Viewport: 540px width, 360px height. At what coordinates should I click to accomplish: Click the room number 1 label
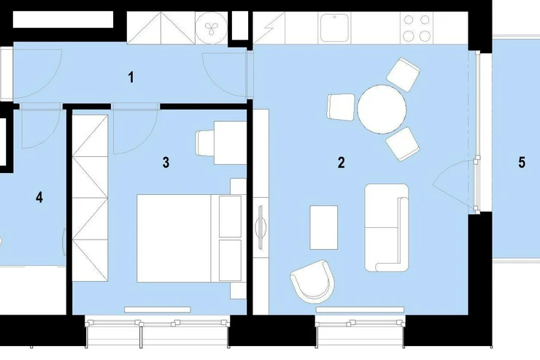coord(131,77)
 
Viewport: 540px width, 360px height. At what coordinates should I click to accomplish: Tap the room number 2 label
coord(341,162)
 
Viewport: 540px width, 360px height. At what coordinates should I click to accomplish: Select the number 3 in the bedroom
coord(166,162)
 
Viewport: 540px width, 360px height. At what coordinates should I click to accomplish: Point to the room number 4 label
coord(39,197)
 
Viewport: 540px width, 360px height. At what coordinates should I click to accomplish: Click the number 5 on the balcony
coord(522,162)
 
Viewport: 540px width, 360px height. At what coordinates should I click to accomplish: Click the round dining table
coord(382,110)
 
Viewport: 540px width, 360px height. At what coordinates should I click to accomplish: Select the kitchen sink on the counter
coord(334,28)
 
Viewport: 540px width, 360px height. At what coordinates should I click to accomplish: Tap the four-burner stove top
coord(417,28)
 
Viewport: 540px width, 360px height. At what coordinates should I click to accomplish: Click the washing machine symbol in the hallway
coord(211,28)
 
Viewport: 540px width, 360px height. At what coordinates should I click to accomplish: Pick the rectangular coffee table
coord(324,227)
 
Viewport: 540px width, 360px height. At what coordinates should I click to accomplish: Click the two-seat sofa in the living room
coord(387,228)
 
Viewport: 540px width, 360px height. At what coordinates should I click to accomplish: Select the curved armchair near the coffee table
coord(313,281)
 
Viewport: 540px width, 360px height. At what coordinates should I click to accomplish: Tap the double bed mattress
coord(174,238)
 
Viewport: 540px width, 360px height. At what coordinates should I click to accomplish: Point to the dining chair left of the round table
coord(341,107)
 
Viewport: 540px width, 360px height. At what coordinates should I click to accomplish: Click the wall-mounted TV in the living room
coord(261,226)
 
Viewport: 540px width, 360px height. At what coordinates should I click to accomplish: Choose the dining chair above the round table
coord(403,75)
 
